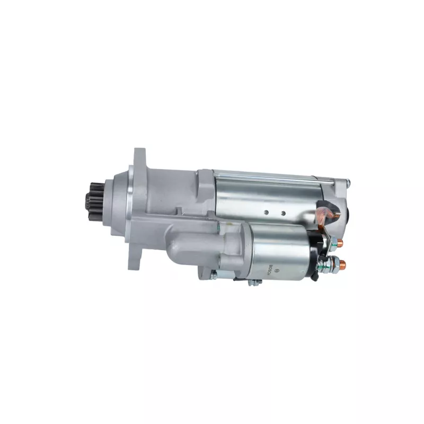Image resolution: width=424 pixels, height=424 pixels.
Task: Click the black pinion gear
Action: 95,202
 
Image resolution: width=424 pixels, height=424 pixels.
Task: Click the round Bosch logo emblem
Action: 276,270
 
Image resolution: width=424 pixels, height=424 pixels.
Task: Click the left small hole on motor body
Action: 266,213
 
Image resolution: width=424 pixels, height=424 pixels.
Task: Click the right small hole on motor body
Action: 283,214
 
